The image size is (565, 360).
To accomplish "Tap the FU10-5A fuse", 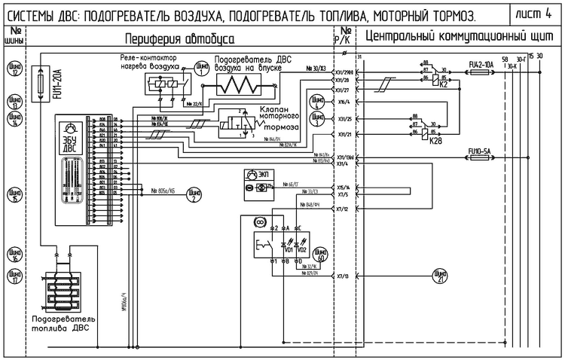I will [x=480, y=159].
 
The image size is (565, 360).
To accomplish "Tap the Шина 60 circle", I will [x=320, y=255].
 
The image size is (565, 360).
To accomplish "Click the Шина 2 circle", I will [x=194, y=197].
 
